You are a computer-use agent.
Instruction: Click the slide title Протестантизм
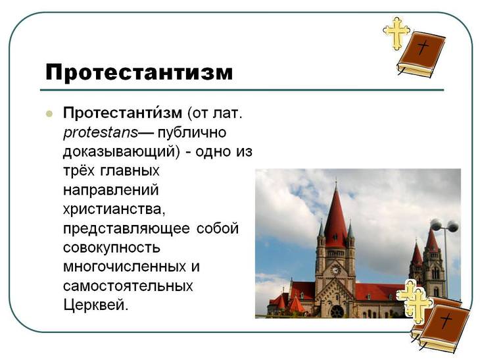pos(139,72)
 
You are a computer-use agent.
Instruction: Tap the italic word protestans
pos(101,132)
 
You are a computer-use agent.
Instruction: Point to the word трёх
pos(80,171)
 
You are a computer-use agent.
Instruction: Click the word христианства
pos(112,210)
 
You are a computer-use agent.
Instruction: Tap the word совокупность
pos(112,249)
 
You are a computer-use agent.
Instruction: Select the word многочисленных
pos(124,268)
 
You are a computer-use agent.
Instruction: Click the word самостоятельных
pos(128,287)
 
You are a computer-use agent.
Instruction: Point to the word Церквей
pos(95,306)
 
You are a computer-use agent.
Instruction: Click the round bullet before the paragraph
pos(49,113)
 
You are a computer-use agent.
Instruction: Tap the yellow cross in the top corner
pos(396,33)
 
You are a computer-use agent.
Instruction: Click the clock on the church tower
pos(335,269)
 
